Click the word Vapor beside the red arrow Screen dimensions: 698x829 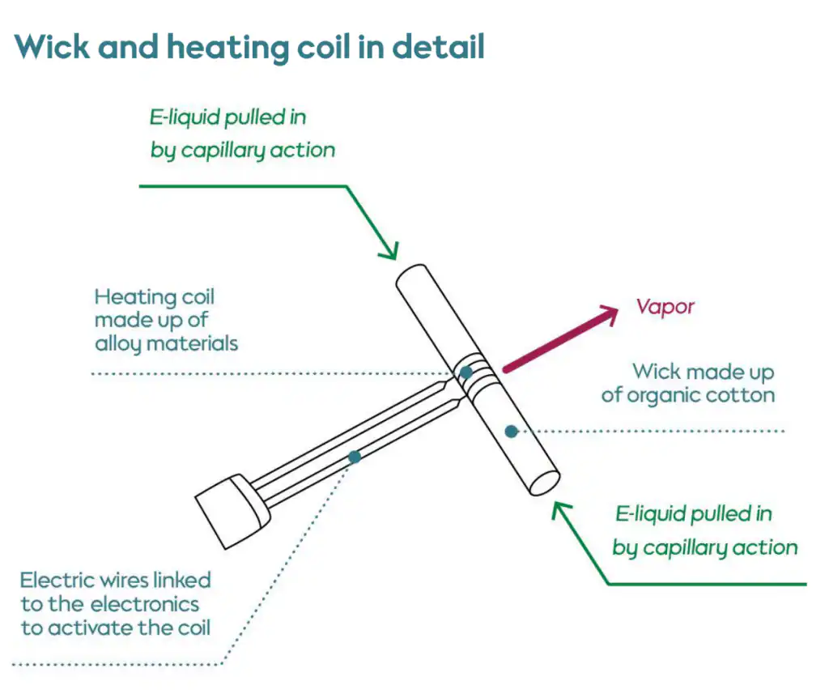coord(665,307)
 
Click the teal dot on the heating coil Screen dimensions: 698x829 coord(466,372)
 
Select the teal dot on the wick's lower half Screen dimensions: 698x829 coord(512,432)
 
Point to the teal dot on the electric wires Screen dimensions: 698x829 coord(354,458)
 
